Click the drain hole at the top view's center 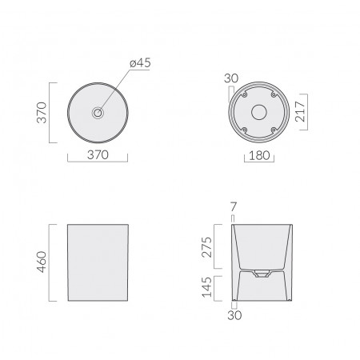click(x=97, y=114)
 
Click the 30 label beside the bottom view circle click(x=231, y=78)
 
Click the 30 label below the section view click(x=234, y=315)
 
